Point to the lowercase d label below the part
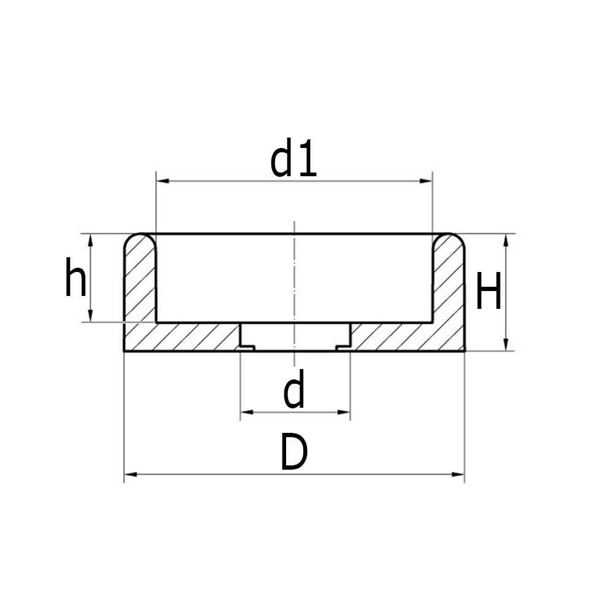point(294,393)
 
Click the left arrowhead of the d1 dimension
point(163,181)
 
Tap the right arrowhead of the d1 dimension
point(426,181)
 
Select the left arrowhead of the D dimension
point(131,474)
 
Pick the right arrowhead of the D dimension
point(458,474)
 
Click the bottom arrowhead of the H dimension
point(506,344)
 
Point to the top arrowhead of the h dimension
point(91,240)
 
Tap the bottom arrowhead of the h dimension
point(91,316)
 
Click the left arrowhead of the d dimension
point(246,412)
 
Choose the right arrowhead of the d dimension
point(344,412)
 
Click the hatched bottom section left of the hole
point(184,336)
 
